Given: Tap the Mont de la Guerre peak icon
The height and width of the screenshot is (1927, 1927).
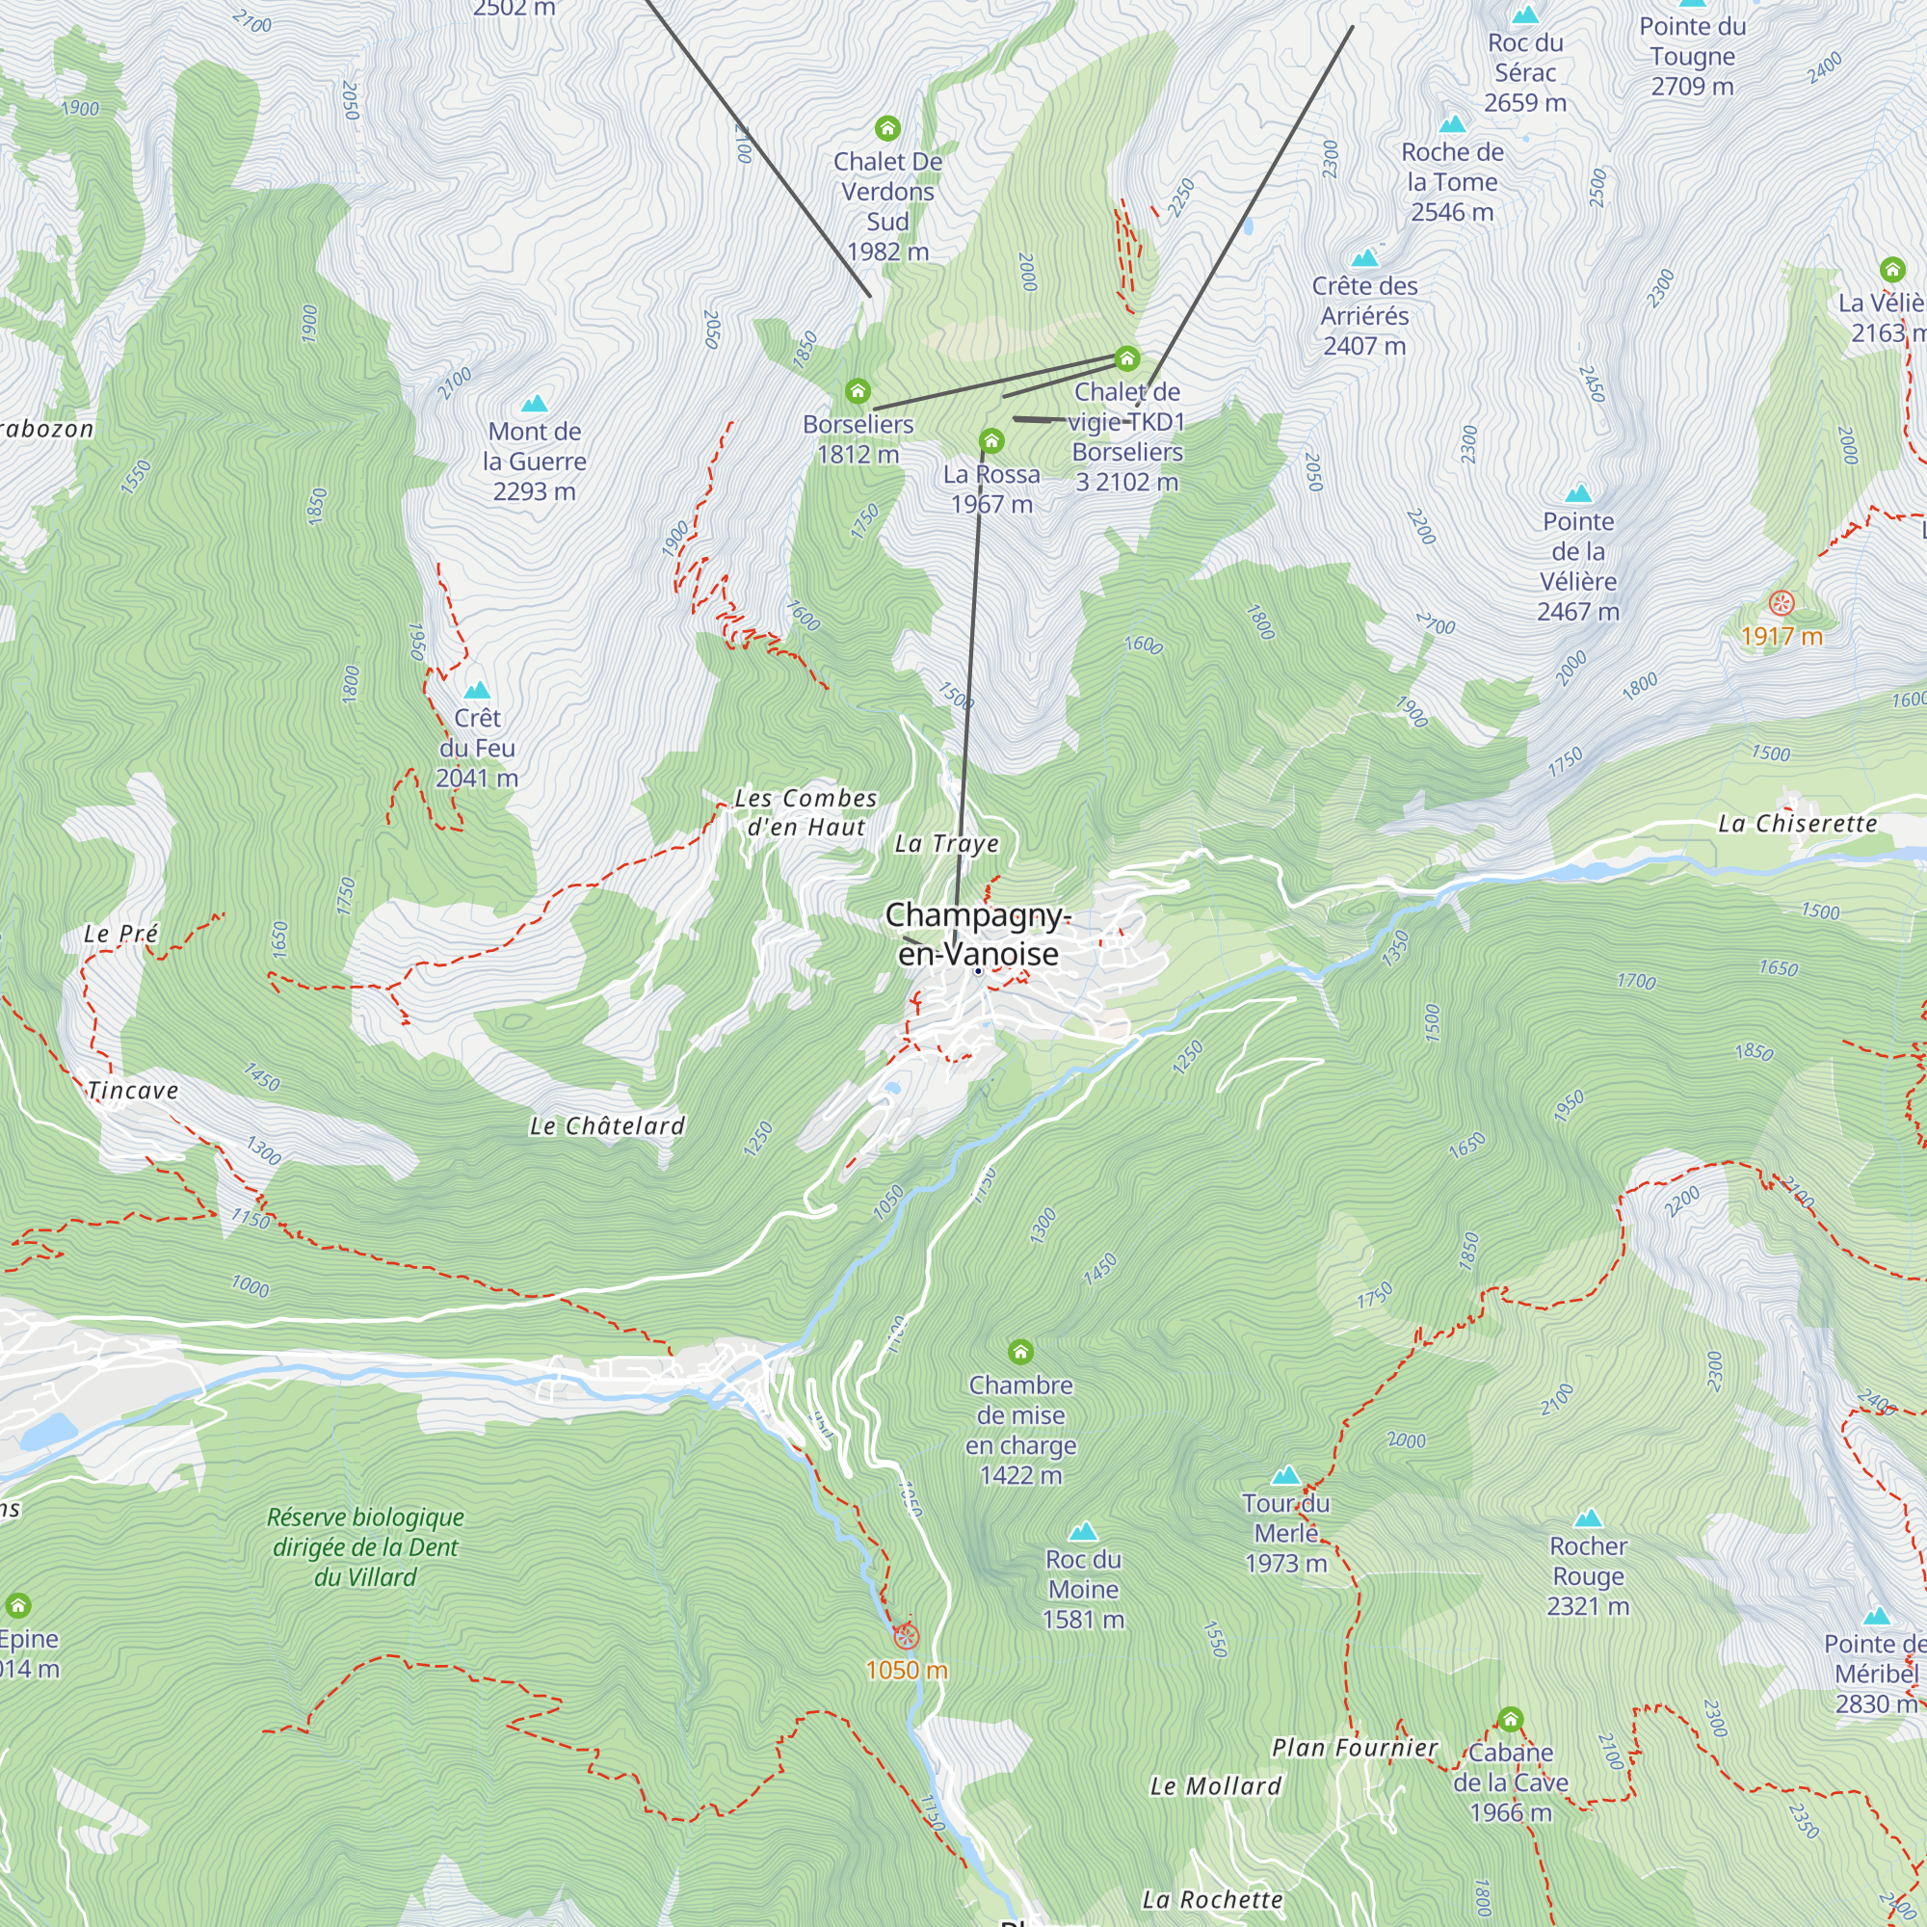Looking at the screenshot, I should pos(535,404).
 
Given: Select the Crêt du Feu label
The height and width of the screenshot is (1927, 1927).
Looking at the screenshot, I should pos(477,747).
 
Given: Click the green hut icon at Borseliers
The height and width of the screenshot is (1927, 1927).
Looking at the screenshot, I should pos(858,391).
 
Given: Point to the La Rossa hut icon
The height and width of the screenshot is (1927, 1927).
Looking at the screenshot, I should pos(990,441).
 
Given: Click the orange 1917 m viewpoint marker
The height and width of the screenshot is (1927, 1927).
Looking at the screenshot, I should pos(1782,603).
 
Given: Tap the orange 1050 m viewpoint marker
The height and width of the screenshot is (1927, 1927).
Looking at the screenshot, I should pos(906,1636).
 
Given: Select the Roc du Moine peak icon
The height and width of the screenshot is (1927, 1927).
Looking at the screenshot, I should pos(1083,1532).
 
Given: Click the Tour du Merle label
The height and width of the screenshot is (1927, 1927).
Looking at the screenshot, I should pos(1285,1533).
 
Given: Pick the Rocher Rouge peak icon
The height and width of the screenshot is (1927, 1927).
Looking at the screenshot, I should pos(1588,1519).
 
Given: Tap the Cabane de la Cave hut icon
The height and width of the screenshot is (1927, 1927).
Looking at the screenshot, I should pos(1510,1720).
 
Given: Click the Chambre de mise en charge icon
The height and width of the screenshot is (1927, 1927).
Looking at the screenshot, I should pos(1019,1353).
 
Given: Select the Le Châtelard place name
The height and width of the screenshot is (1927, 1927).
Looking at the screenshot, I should pos(606,1126).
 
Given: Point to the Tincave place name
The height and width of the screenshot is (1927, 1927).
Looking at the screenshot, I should pos(133,1090).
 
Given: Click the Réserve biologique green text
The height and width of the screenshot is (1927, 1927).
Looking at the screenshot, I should pos(365,1547).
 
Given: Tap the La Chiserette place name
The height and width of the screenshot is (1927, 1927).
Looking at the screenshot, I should pos(1797,824).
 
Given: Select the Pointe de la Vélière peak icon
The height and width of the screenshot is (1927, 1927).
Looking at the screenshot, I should pos(1578,493).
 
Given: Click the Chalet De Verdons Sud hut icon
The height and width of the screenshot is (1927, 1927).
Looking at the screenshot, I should pos(886,129).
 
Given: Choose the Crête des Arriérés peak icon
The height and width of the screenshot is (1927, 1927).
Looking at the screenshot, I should pos(1364,258).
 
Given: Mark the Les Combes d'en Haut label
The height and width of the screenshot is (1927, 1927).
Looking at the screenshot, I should pos(805,812).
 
